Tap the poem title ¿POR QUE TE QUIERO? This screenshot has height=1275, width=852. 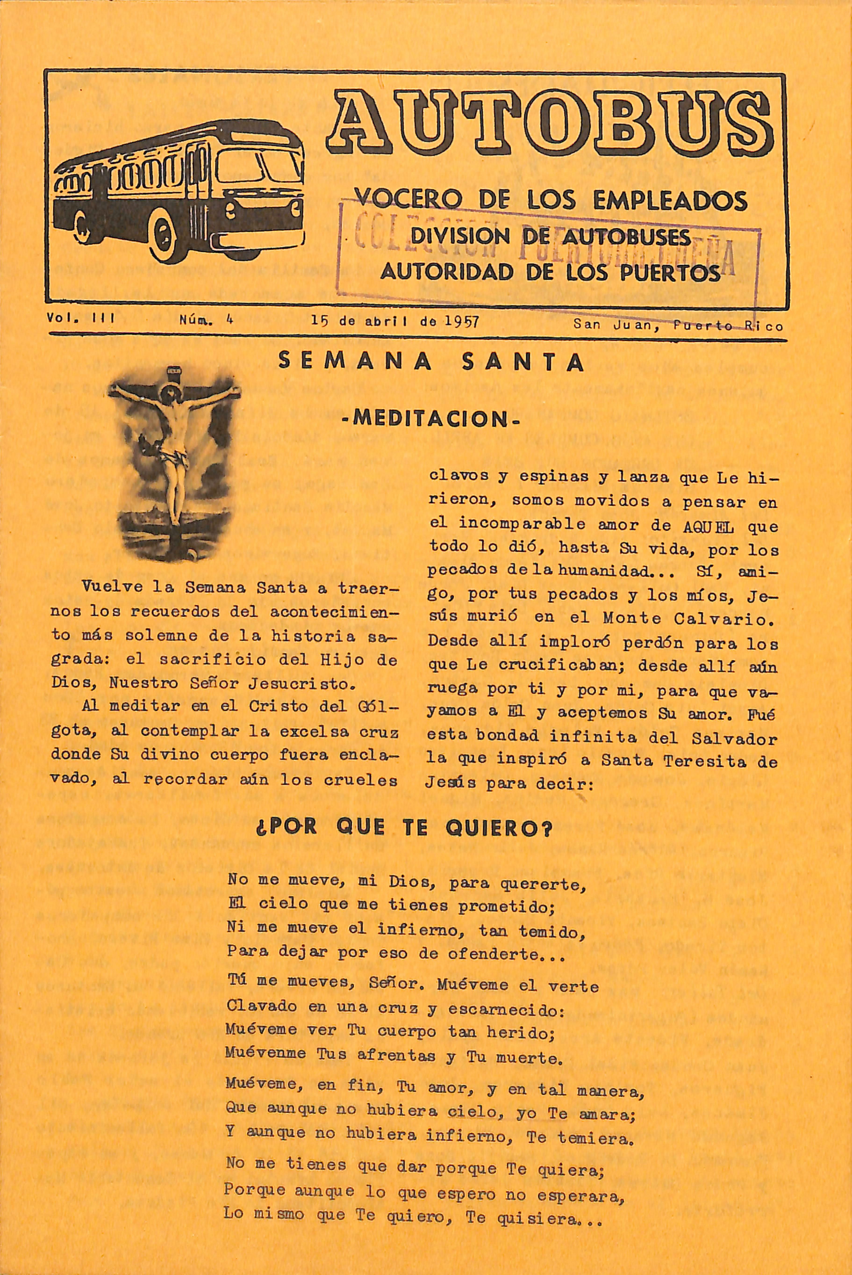pos(404,828)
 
